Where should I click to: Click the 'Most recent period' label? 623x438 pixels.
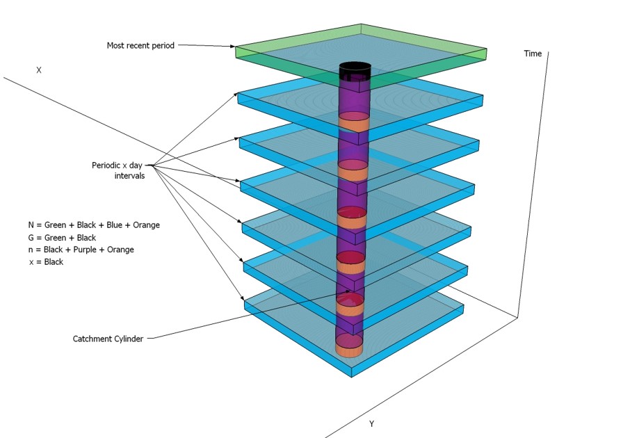(140, 46)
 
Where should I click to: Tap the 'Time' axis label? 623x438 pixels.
(533, 54)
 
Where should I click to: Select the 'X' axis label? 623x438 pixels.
(39, 70)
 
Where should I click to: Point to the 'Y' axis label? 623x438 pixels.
(371, 423)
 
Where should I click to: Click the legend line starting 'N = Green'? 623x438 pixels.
(94, 225)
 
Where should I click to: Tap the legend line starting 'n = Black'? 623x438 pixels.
(81, 250)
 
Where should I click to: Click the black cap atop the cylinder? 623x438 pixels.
(355, 70)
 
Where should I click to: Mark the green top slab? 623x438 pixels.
(417, 49)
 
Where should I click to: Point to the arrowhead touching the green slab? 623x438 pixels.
(234, 47)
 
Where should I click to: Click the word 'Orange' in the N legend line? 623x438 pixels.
(147, 225)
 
